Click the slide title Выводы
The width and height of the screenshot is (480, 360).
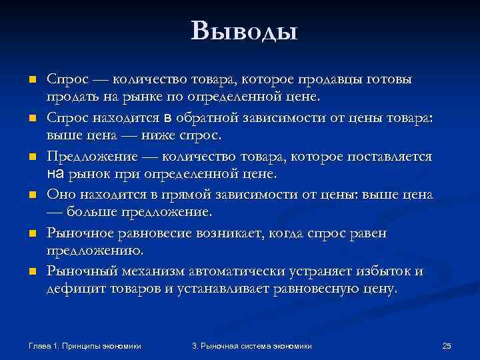point(243,30)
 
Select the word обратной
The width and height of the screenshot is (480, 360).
point(212,119)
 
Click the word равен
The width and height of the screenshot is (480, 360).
point(369,234)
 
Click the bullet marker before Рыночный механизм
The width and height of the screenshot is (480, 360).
point(31,273)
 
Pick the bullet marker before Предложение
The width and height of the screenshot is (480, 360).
point(31,157)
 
